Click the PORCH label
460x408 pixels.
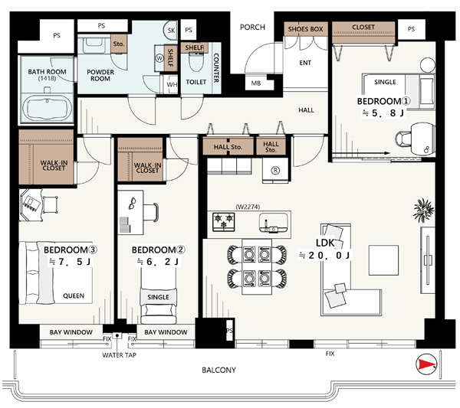pos(252,28)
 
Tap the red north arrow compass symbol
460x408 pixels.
pos(426,364)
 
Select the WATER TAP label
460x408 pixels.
pos(119,355)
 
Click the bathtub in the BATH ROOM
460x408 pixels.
pos(48,106)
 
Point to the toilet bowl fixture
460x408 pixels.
pos(195,62)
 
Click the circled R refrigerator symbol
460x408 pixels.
pos(275,171)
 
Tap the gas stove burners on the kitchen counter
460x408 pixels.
pos(224,221)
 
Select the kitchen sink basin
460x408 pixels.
pos(274,223)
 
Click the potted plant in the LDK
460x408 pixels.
pos(423,210)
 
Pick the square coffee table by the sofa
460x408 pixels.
pos(383,260)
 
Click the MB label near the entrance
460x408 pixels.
pos(256,83)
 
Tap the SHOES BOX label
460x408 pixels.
pos(305,29)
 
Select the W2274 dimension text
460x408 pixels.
pos(248,207)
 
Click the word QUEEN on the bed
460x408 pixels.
pos(74,295)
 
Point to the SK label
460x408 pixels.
pos(171,31)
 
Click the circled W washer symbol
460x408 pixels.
pos(159,58)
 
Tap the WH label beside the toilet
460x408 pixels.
pos(172,85)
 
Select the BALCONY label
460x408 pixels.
pos(219,370)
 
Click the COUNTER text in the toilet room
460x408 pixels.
pos(216,67)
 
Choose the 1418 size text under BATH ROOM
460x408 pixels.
pos(47,78)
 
